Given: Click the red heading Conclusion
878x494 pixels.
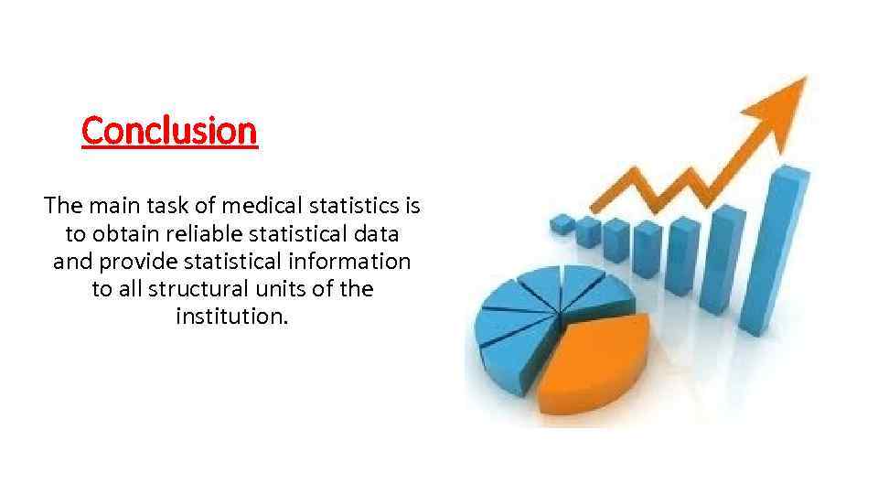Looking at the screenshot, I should pyautogui.click(x=170, y=131).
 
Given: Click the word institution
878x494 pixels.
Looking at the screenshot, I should pyautogui.click(x=231, y=318).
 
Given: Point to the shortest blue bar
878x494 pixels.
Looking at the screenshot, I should pyautogui.click(x=562, y=221).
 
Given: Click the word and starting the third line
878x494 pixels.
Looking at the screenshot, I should pyautogui.click(x=71, y=262).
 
